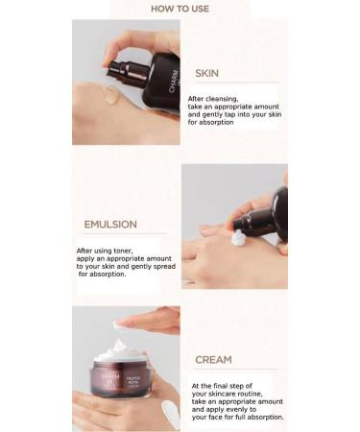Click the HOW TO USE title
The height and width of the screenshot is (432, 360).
[180, 9]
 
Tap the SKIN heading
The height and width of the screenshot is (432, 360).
[206, 73]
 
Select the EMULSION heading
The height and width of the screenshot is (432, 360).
[110, 225]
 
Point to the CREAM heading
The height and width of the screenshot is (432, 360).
[213, 360]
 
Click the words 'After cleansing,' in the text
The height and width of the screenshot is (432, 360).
[213, 98]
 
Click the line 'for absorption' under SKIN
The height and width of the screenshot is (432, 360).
[212, 123]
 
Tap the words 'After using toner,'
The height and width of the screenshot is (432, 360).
[105, 251]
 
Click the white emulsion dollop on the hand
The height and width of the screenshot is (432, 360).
[238, 238]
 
